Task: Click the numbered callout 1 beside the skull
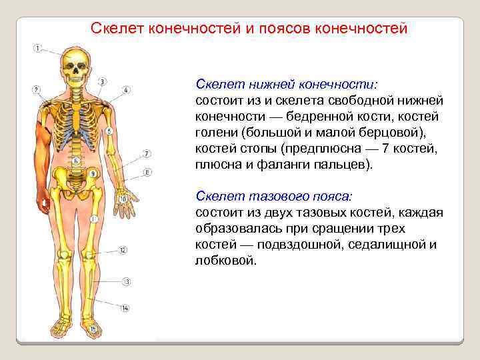coord(37,48)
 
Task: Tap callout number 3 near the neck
coord(101,81)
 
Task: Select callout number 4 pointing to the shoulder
coord(127,89)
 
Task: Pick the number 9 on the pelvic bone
coord(93,174)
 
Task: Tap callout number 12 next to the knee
coord(123,251)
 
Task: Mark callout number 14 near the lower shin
coord(125,307)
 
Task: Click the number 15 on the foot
coord(93,329)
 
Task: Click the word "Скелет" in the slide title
coord(117,29)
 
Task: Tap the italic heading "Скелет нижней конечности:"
coord(286,85)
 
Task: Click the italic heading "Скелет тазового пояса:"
coord(275,197)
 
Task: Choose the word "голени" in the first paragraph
coord(216,133)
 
